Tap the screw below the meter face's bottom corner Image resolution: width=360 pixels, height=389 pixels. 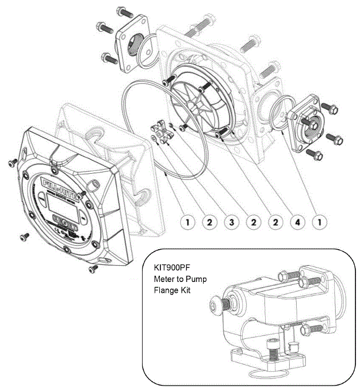coord(93,268)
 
